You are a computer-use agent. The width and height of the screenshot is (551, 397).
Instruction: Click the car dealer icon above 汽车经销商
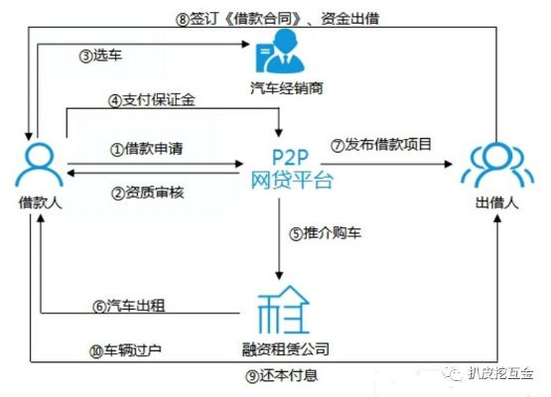[x=280, y=52]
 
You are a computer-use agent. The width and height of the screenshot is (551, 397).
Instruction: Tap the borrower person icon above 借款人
[x=39, y=164]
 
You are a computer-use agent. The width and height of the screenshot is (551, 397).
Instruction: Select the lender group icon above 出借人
[x=496, y=164]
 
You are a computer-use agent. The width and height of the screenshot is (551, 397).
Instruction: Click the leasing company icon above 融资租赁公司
[x=283, y=310]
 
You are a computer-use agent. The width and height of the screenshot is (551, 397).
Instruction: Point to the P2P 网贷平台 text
[x=292, y=169]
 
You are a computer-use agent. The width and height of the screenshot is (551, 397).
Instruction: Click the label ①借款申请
[x=147, y=149]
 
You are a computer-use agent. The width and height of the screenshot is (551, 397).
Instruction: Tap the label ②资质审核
[x=148, y=193]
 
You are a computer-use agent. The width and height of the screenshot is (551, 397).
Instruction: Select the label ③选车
[x=100, y=56]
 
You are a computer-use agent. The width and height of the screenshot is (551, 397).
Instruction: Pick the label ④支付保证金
[x=152, y=101]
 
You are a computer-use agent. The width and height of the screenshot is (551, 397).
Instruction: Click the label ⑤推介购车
[x=325, y=233]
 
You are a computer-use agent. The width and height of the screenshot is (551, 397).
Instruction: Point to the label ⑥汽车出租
[x=129, y=306]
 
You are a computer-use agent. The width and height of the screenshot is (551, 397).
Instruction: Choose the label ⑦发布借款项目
[x=381, y=145]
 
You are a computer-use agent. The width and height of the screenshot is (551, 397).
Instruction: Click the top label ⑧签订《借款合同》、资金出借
[x=278, y=19]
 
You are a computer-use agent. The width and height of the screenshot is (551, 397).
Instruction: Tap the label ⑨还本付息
[x=282, y=376]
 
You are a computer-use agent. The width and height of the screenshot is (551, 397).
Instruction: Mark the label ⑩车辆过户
[x=125, y=350]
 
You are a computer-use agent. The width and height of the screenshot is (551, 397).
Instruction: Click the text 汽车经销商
[x=287, y=88]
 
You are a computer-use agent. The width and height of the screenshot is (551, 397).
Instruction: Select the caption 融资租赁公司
[x=286, y=349]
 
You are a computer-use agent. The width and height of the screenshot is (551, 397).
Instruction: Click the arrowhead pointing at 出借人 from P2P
[x=449, y=164]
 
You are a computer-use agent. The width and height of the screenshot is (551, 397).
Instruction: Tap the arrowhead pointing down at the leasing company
[x=279, y=276]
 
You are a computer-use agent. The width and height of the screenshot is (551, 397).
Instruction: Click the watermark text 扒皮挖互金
[x=500, y=373]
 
